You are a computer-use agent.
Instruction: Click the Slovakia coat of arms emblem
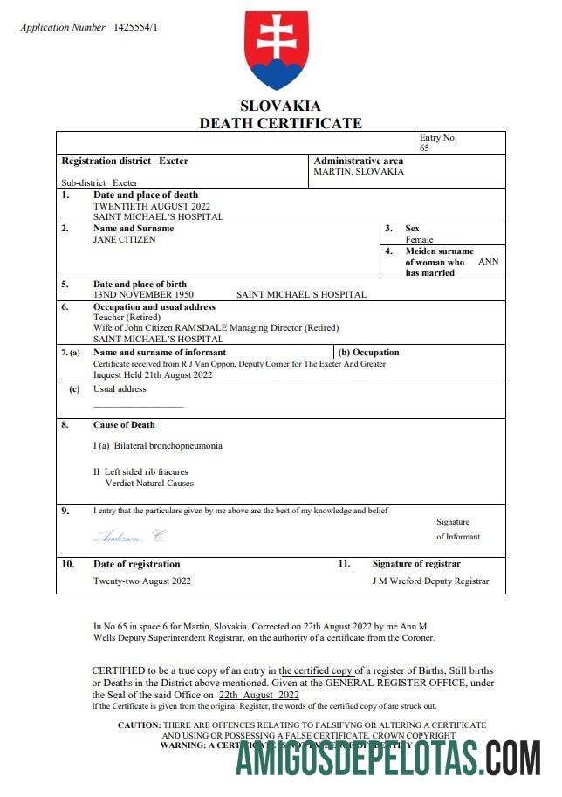(278, 51)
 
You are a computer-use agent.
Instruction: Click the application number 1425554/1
(135, 27)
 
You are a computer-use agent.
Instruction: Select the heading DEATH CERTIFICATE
(280, 123)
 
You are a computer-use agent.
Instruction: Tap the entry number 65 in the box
(424, 148)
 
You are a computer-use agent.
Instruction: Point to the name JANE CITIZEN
(125, 239)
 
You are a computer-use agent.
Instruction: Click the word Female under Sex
(419, 239)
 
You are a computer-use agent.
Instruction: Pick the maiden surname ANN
(489, 261)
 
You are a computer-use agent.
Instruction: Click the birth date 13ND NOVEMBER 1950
(143, 295)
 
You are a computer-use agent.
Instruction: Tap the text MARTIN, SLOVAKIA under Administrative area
(359, 172)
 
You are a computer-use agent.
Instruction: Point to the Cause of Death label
(124, 425)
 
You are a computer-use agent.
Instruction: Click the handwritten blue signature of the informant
(128, 536)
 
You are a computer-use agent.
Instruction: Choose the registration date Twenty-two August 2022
(142, 581)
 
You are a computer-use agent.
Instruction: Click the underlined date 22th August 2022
(258, 695)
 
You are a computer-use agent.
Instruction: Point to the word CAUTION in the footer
(139, 725)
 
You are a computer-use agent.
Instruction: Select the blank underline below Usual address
(138, 407)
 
